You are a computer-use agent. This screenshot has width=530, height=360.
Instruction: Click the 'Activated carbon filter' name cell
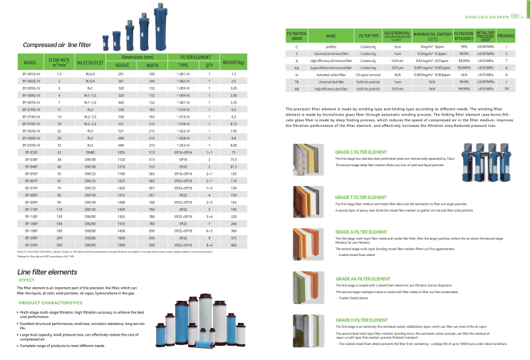click(x=331, y=73)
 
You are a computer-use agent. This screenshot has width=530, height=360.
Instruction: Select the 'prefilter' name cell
click(x=331, y=46)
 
